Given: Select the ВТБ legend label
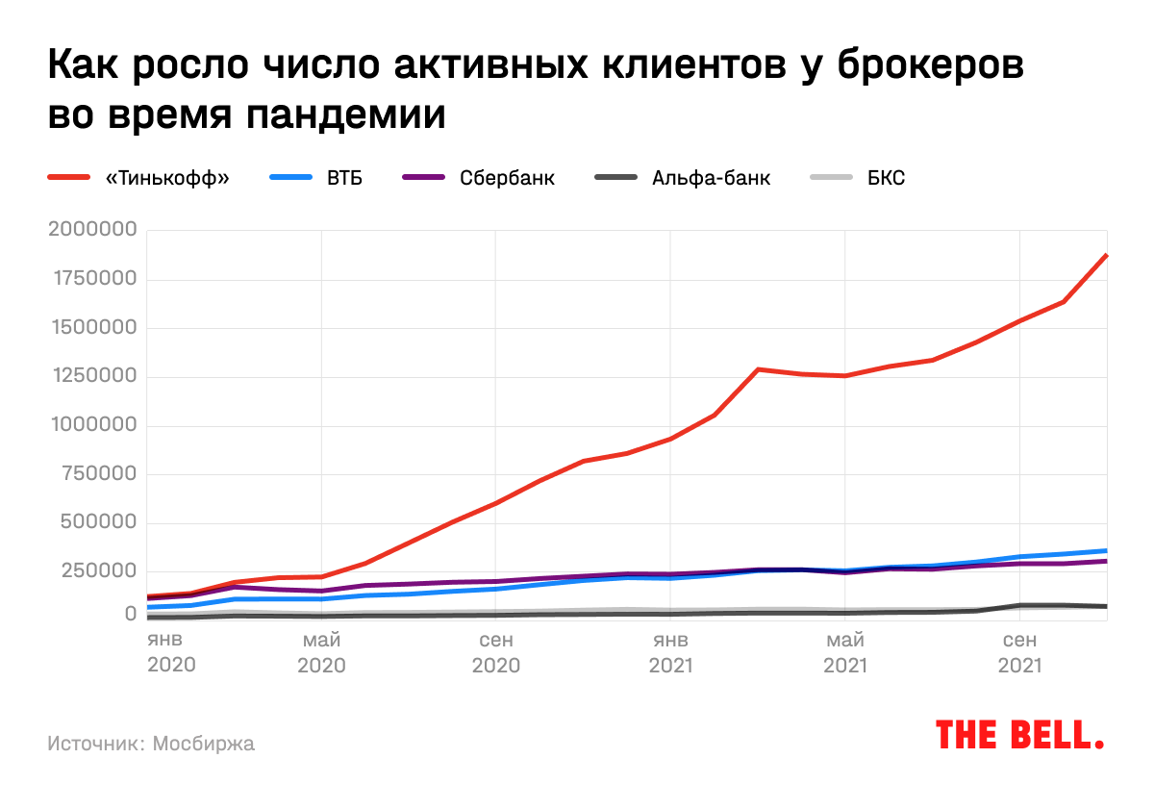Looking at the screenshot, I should click(x=344, y=178).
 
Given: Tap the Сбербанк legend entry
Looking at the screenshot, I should click(x=507, y=178).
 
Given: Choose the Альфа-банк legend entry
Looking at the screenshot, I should click(x=711, y=178).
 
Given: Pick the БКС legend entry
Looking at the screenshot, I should click(x=886, y=178).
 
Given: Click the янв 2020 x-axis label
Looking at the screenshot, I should click(x=171, y=652).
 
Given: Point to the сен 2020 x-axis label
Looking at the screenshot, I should click(x=495, y=652).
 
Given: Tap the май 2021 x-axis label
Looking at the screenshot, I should click(x=844, y=652).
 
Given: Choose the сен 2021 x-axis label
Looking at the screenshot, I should click(x=1019, y=652).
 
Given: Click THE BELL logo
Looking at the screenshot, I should click(x=1019, y=735).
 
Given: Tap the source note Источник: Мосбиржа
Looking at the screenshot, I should click(x=151, y=744).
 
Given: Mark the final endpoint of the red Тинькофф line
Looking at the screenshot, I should click(x=1107, y=255).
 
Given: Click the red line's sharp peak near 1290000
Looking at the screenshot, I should click(x=759, y=368).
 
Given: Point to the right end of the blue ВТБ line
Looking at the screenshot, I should click(x=1107, y=550).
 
